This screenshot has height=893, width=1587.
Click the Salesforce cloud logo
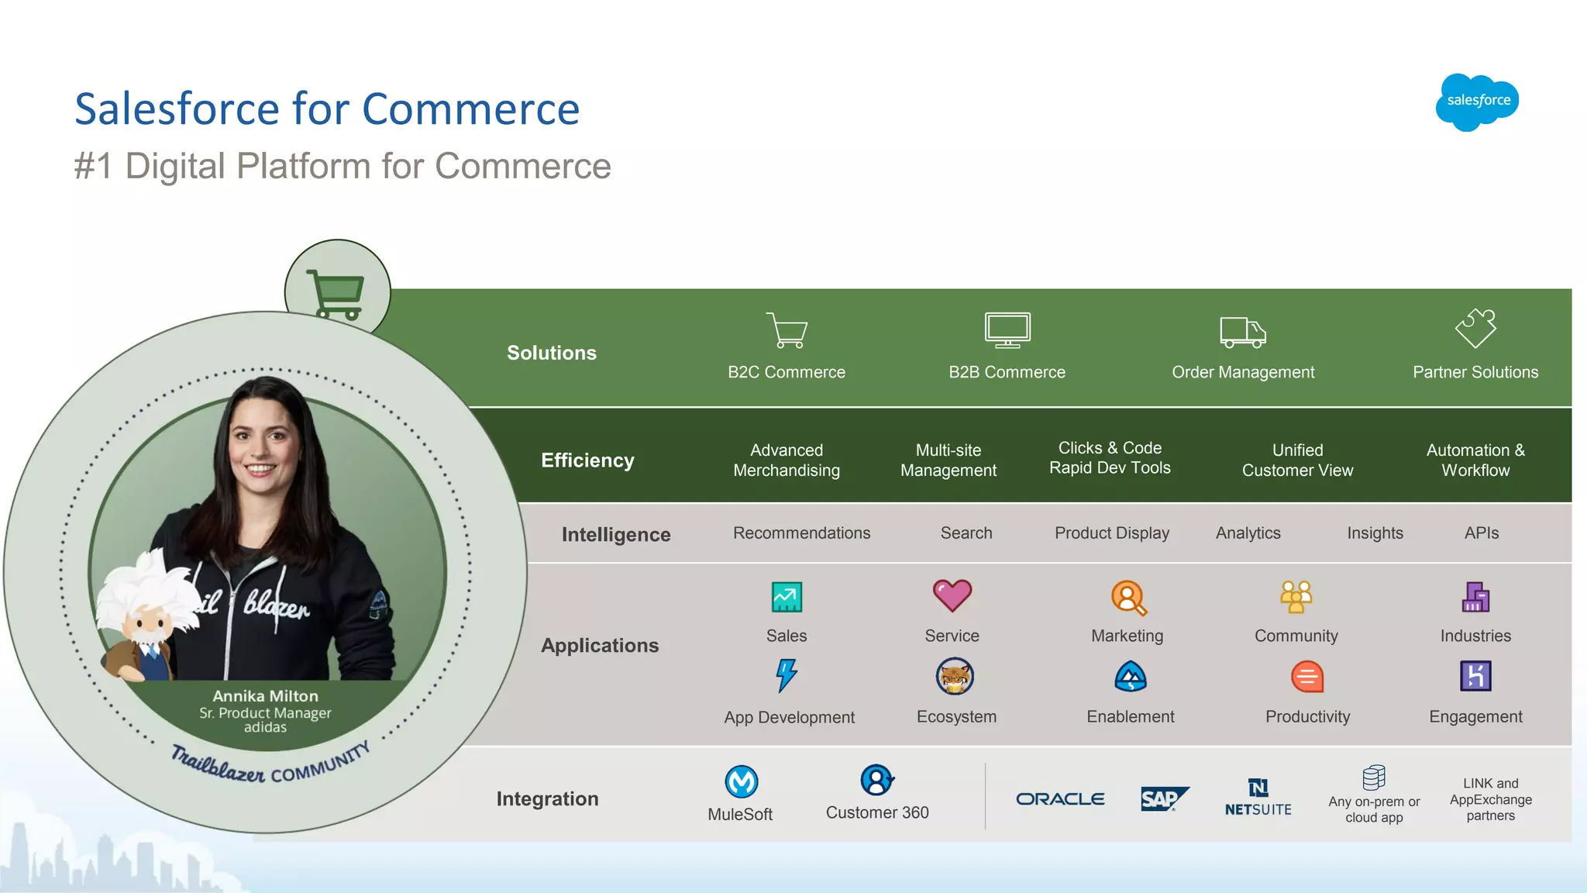coord(1477,102)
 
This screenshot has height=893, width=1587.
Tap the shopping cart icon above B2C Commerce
coord(787,331)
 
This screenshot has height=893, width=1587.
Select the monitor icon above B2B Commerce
coord(1007,330)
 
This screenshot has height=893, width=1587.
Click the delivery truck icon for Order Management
coord(1242,332)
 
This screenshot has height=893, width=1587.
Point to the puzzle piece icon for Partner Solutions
coord(1475,328)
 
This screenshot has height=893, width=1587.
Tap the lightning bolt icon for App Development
coord(787,675)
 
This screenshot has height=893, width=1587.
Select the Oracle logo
coord(1060,798)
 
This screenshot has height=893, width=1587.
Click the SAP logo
coord(1163,798)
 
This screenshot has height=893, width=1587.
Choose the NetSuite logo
coord(1258,798)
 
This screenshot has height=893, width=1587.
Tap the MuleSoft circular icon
coord(741,781)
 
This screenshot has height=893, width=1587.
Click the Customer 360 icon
coord(877,780)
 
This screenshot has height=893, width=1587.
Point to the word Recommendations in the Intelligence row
coord(801,533)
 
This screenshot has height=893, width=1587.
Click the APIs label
coord(1481,533)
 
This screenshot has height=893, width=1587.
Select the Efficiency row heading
coord(587,460)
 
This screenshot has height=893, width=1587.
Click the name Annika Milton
coord(265,696)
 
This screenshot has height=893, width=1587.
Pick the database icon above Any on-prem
coord(1373,777)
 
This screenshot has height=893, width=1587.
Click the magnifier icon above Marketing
coord(1128,598)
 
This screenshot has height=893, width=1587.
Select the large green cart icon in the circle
coord(336,293)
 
